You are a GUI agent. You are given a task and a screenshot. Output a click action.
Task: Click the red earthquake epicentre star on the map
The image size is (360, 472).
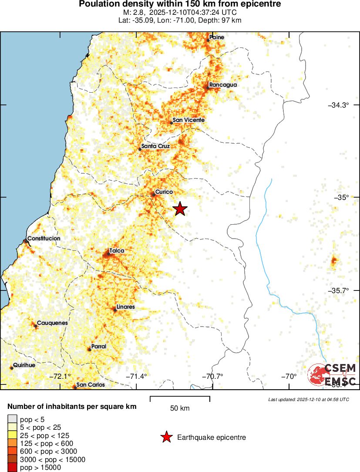click(x=180, y=209)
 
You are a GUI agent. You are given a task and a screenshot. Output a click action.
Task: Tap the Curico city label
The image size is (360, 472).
click(x=164, y=192)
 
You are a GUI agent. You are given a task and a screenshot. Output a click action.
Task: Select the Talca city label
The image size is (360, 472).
click(x=117, y=251)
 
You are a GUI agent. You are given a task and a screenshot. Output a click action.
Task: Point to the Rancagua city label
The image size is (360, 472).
click(x=223, y=84)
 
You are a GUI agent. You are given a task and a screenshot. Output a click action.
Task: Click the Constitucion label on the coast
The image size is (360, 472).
click(x=44, y=239)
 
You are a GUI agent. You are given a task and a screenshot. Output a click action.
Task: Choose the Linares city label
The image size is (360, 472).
click(x=125, y=307)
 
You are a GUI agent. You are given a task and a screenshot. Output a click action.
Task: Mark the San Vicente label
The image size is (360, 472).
click(x=188, y=120)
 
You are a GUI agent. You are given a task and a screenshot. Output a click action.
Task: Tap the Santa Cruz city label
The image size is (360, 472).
click(x=155, y=146)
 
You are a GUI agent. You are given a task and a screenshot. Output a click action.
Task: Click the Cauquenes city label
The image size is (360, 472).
click(x=52, y=323)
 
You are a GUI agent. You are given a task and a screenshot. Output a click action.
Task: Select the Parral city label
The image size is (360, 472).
click(x=98, y=346)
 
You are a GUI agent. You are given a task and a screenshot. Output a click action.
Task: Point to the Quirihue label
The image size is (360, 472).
click(x=24, y=365)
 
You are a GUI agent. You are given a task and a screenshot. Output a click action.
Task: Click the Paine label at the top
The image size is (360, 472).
click(x=217, y=37)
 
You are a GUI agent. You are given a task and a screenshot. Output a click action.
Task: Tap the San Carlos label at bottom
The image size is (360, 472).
click(x=91, y=384)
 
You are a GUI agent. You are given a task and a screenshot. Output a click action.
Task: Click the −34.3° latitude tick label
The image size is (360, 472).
click(x=339, y=105)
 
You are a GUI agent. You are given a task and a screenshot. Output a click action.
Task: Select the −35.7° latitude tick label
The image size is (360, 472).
click(x=339, y=290)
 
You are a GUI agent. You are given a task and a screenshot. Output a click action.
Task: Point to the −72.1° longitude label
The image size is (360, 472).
click(x=60, y=376)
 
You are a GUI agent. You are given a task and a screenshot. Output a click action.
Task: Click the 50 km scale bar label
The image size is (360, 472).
click(x=180, y=408)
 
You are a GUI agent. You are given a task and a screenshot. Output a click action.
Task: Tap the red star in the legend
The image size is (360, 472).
click(x=166, y=437)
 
